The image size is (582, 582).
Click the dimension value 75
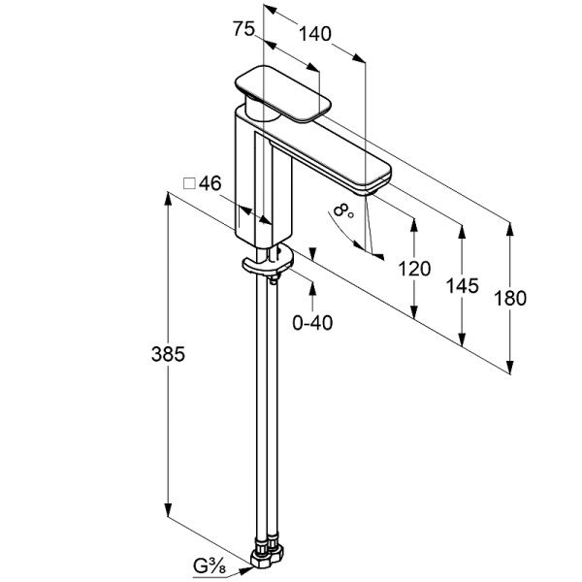(x=243, y=30)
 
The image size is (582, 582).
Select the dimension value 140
(x=314, y=33)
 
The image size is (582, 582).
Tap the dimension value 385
(x=167, y=355)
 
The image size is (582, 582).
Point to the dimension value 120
(x=414, y=269)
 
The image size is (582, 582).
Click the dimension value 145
(x=463, y=285)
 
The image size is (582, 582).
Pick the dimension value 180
(x=509, y=299)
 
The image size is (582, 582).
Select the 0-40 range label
(x=312, y=322)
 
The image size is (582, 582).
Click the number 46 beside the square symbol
(x=210, y=182)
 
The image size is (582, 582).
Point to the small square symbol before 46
(x=190, y=182)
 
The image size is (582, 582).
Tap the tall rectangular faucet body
(x=264, y=179)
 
